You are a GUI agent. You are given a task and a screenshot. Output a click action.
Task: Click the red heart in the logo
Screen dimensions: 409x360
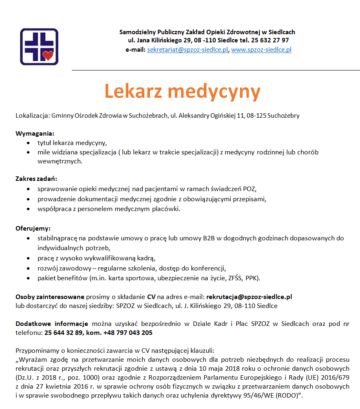(48, 55)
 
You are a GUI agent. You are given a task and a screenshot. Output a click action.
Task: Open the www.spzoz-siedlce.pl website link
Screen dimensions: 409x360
(261, 50)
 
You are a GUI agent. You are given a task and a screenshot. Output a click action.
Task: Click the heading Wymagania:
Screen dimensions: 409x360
(35, 133)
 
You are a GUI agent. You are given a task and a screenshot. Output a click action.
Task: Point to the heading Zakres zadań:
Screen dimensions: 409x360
(36, 178)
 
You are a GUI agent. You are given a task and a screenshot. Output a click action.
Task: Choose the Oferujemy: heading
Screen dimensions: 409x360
(33, 228)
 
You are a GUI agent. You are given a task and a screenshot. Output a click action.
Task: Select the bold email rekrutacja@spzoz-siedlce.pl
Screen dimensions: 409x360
(249, 297)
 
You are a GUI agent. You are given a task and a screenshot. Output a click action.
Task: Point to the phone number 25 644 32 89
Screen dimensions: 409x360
(64, 332)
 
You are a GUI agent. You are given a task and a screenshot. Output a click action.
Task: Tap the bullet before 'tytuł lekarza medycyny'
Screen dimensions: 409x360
(28, 143)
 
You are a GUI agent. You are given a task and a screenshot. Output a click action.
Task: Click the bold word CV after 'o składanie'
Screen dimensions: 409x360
(151, 297)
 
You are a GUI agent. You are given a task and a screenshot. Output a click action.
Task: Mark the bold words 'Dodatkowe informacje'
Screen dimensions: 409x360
(52, 324)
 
